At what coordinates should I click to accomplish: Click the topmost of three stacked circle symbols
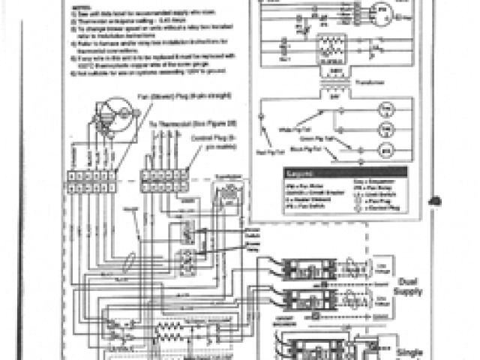385,109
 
